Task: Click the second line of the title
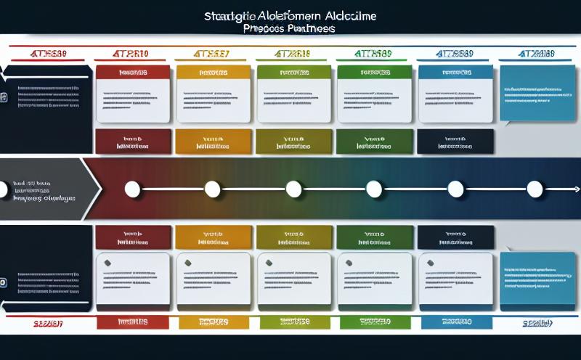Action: [290, 29]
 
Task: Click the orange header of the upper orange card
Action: [212, 73]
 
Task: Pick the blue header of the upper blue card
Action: [454, 73]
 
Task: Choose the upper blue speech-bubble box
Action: [538, 94]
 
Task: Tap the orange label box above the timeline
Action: [212, 141]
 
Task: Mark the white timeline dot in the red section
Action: [132, 190]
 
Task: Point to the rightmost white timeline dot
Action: [535, 190]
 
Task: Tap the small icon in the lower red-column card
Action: [108, 262]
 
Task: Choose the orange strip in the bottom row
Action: [212, 322]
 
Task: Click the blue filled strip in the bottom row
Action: [454, 322]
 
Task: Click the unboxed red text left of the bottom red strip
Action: [47, 322]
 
